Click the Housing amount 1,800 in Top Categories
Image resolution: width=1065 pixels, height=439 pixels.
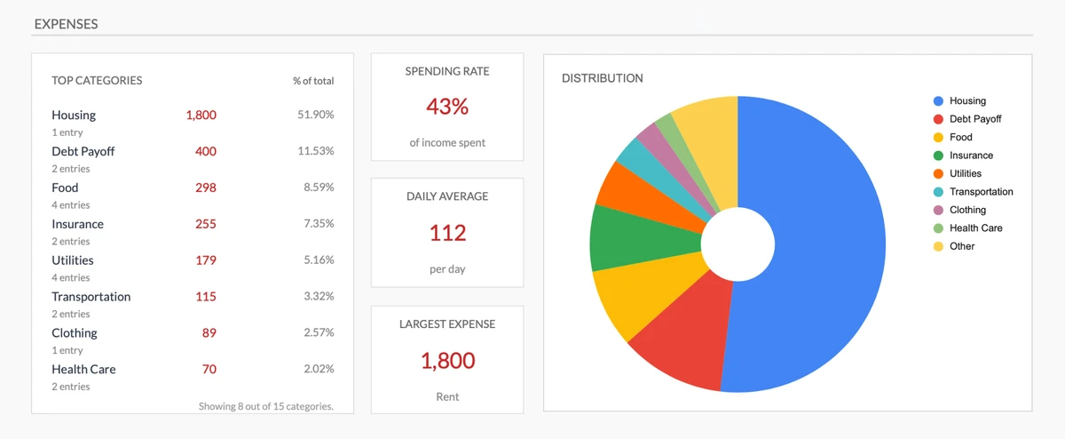pos(201,116)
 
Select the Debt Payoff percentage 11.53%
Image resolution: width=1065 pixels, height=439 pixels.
pos(315,151)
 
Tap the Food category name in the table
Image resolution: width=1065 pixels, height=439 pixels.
pos(65,188)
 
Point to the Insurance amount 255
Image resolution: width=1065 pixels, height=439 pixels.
pos(205,224)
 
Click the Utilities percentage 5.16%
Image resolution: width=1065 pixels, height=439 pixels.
pos(318,260)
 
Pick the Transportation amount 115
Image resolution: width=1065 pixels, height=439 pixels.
pos(205,297)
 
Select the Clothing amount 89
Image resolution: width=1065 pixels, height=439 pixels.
pos(209,333)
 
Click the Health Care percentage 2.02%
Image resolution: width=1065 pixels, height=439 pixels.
pos(318,369)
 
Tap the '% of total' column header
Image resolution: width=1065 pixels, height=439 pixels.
pos(313,81)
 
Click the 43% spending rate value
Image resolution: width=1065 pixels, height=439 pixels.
pos(447,107)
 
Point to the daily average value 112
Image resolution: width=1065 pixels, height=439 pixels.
pos(447,233)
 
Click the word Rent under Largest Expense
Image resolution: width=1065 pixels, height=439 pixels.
pos(447,396)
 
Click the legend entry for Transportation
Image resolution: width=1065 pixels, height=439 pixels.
pos(981,192)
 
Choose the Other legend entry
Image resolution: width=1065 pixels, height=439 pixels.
pos(961,246)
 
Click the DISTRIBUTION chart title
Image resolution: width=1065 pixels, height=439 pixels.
pos(603,78)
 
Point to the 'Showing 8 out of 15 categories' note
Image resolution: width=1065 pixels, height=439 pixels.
pos(266,406)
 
